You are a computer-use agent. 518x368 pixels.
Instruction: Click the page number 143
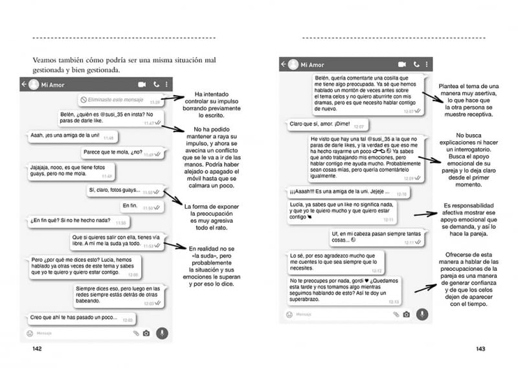[x=480, y=349]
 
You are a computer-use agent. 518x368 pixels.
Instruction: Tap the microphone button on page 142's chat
[x=162, y=333]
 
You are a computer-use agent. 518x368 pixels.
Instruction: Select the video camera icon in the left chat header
[x=142, y=84]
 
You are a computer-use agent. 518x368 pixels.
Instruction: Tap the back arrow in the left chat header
[x=25, y=84]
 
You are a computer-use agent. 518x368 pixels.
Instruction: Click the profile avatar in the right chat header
[x=293, y=65]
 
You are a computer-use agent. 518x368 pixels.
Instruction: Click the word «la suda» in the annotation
[x=206, y=257]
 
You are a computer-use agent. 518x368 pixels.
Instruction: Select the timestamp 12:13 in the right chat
[x=394, y=302]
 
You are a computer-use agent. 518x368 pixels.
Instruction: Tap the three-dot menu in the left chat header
[x=167, y=84]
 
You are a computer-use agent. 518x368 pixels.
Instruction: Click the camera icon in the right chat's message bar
[x=406, y=314]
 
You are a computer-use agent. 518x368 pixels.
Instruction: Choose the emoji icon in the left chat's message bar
[x=30, y=333]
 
